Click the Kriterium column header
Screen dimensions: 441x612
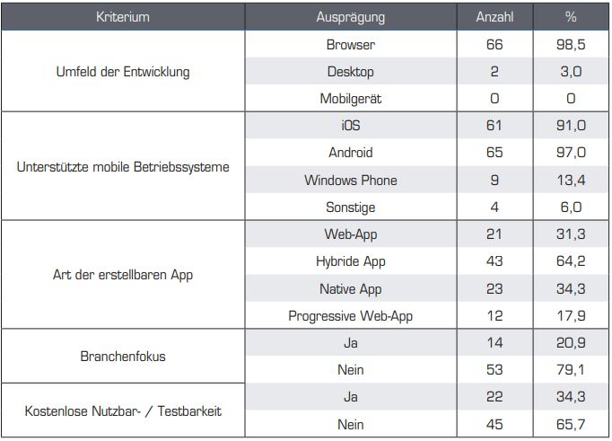[x=123, y=17]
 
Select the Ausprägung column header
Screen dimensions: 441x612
[x=350, y=17]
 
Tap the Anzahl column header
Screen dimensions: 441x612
[x=494, y=17]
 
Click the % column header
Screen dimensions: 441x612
[x=571, y=17]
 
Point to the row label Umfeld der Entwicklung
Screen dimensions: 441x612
[x=123, y=72]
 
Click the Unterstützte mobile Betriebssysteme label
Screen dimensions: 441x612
[x=123, y=167]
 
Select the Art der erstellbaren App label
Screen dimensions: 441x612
[x=123, y=275]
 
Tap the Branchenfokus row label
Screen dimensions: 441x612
[x=123, y=357]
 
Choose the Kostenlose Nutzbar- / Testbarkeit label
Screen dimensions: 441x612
[x=123, y=411]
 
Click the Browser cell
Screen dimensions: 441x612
[x=350, y=44]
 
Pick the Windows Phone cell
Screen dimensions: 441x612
[x=350, y=181]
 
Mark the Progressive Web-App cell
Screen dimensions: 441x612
[x=350, y=316]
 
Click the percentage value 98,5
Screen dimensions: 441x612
[x=571, y=44]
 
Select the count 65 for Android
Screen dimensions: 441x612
[x=494, y=153]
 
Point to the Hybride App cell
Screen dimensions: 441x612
[x=350, y=261]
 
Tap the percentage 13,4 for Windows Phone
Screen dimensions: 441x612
[x=571, y=181]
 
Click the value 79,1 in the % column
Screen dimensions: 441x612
[x=571, y=370]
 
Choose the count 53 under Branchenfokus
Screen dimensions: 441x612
[x=494, y=370]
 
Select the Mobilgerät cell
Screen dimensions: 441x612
[x=350, y=99]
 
